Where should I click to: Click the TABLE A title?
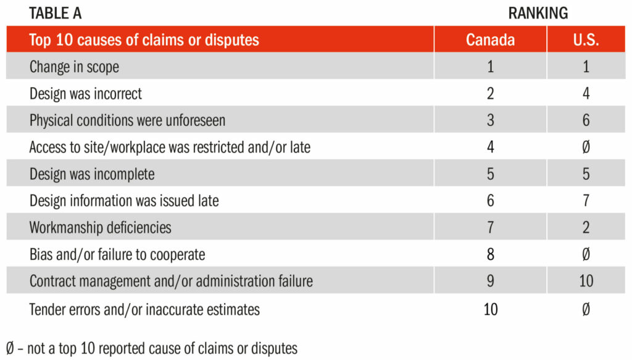click(55, 14)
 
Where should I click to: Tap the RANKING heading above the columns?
click(538, 14)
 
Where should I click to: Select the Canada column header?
click(490, 40)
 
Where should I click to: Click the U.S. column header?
click(586, 40)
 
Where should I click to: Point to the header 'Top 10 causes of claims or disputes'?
click(144, 40)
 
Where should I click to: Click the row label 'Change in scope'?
click(74, 67)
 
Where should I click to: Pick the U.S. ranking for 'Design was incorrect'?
click(586, 93)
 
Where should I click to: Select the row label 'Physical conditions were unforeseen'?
click(127, 120)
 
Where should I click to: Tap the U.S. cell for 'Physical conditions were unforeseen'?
click(586, 120)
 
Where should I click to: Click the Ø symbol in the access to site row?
click(586, 147)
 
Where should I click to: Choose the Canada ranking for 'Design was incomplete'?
click(490, 174)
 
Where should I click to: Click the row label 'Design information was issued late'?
click(124, 201)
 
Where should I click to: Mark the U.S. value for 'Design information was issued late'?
click(586, 201)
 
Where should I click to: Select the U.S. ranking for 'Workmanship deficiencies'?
click(586, 227)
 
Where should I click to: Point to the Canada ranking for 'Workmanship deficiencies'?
click(490, 227)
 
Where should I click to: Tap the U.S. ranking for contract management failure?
click(586, 281)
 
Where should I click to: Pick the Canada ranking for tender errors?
click(491, 309)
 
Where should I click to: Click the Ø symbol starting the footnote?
click(10, 348)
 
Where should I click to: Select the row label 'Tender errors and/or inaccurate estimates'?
click(144, 309)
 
